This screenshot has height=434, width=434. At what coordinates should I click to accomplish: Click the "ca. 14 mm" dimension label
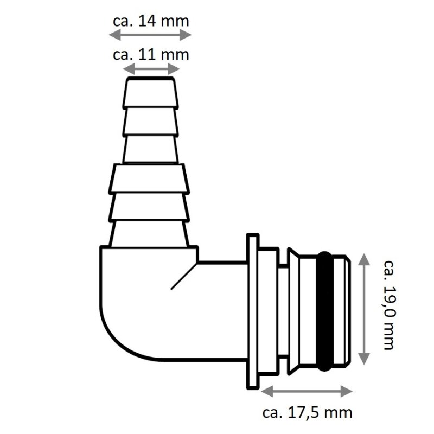point(151,21)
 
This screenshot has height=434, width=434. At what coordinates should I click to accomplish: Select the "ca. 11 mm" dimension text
point(151,55)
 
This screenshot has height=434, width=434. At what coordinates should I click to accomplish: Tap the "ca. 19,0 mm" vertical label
point(389,305)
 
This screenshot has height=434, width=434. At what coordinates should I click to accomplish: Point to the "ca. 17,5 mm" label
point(307,412)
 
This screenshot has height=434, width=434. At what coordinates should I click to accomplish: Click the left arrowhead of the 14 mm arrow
point(115,35)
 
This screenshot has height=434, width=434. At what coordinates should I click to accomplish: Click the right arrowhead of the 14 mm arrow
point(186,35)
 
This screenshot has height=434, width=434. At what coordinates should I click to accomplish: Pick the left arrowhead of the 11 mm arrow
point(129,69)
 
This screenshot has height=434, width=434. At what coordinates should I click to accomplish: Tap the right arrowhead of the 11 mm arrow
point(174,69)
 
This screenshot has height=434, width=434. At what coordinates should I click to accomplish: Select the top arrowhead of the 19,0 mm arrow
point(364,259)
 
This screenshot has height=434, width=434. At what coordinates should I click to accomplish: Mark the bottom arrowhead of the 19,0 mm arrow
point(364,359)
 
